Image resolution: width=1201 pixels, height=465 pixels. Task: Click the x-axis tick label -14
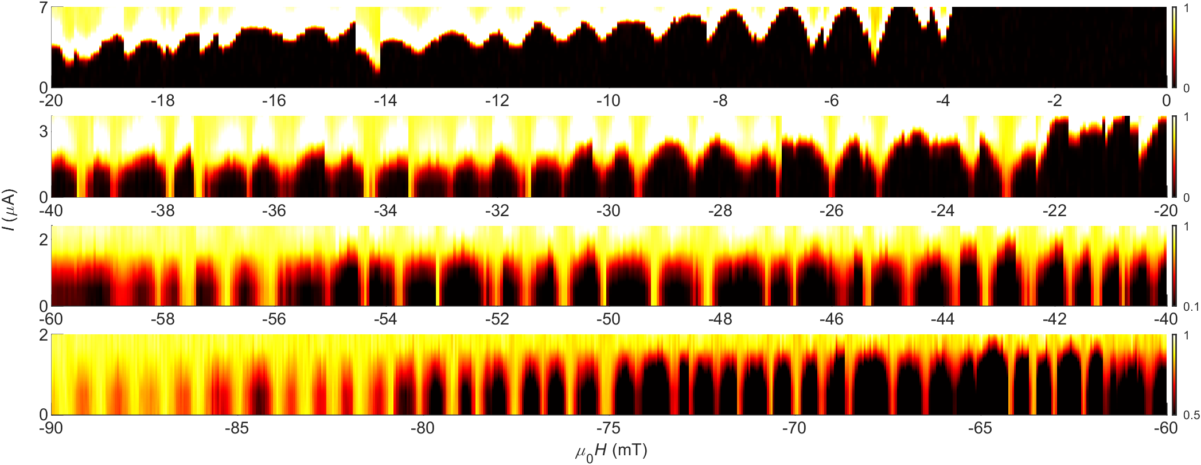pyautogui.click(x=385, y=101)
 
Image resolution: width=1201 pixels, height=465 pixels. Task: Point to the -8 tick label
pyautogui.click(x=720, y=101)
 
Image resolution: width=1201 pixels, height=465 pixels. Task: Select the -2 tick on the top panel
pyautogui.click(x=1054, y=101)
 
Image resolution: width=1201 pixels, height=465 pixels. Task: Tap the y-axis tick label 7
pyautogui.click(x=44, y=9)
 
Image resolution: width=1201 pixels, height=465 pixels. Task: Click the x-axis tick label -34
pyautogui.click(x=385, y=211)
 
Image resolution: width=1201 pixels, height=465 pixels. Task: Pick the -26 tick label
pyautogui.click(x=831, y=211)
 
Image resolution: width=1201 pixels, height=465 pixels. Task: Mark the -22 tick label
pyautogui.click(x=1054, y=211)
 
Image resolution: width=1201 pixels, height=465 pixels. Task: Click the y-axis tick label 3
pyautogui.click(x=44, y=131)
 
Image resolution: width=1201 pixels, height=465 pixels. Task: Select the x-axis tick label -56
pyautogui.click(x=274, y=319)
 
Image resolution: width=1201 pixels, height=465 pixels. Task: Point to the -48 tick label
pyautogui.click(x=720, y=319)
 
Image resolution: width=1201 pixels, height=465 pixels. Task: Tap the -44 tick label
pyautogui.click(x=942, y=319)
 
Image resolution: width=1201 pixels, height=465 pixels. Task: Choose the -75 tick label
pyautogui.click(x=608, y=428)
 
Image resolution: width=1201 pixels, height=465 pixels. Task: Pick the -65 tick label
pyautogui.click(x=980, y=428)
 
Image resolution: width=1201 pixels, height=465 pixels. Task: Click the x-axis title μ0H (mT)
pyautogui.click(x=611, y=452)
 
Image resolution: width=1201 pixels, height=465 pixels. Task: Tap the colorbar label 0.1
pyautogui.click(x=1191, y=307)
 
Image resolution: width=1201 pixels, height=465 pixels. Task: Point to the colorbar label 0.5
pyautogui.click(x=1191, y=415)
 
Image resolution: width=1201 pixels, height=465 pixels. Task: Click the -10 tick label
pyautogui.click(x=608, y=101)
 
